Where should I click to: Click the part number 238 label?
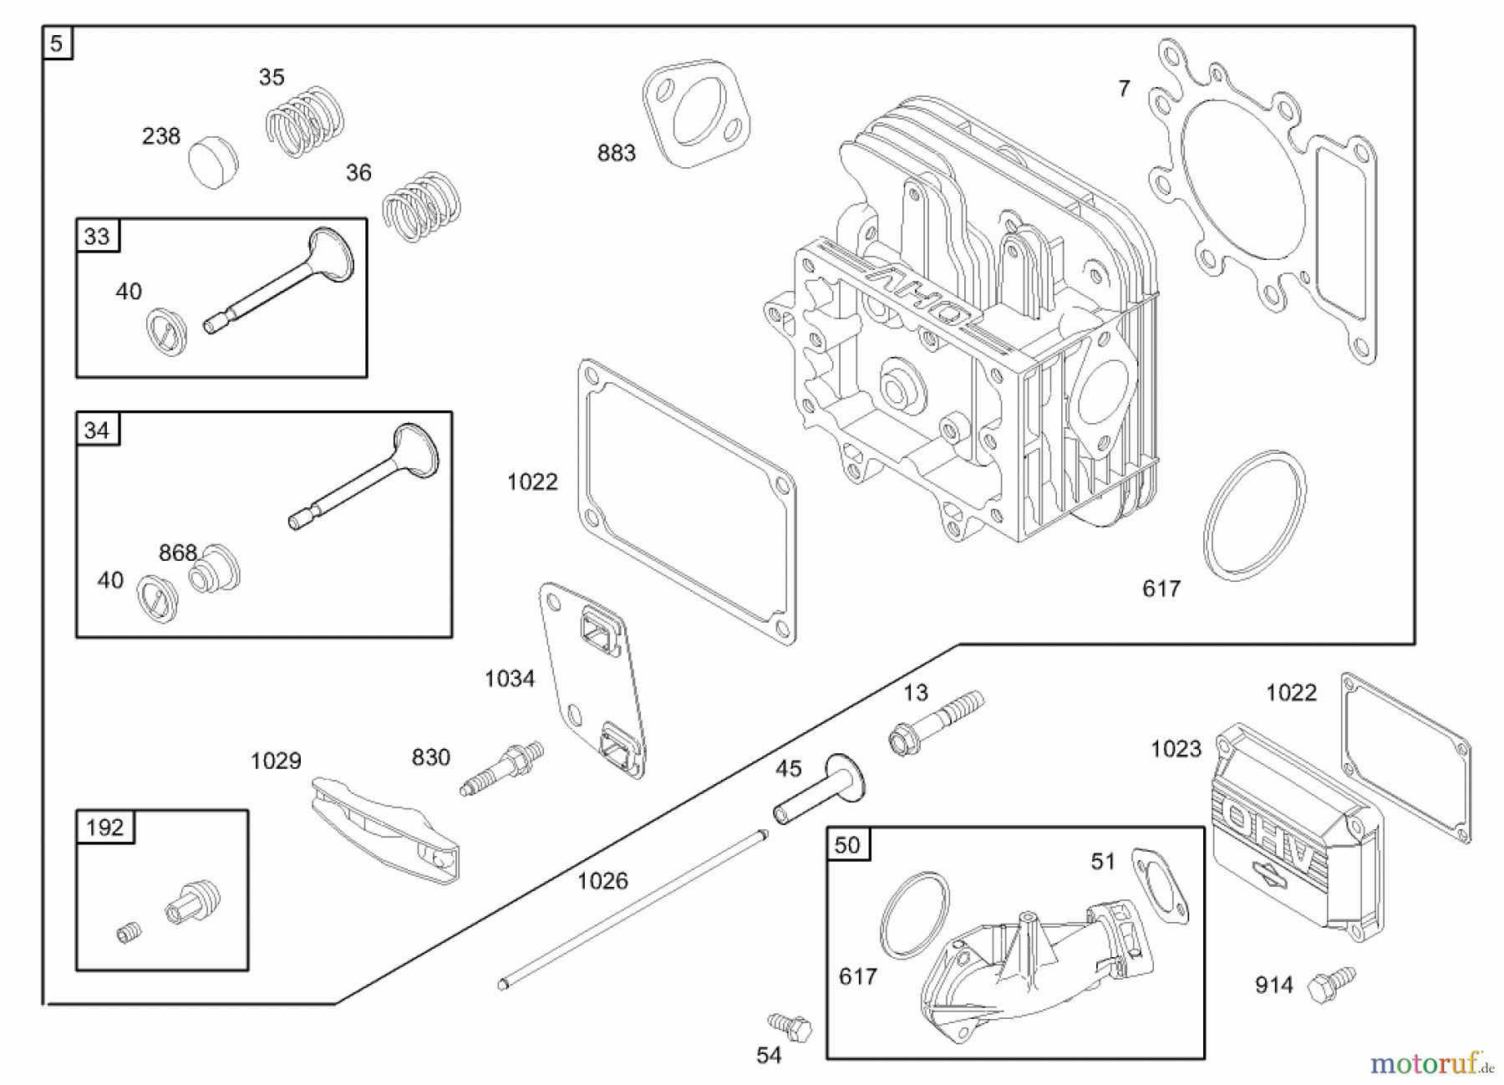[161, 136]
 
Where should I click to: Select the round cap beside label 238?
[213, 164]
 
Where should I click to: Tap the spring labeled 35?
[305, 122]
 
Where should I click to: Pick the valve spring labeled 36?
[422, 206]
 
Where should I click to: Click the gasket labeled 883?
[695, 113]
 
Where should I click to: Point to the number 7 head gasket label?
[1124, 88]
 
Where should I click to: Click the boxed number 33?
[98, 237]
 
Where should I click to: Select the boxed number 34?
[97, 430]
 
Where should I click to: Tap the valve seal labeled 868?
[214, 571]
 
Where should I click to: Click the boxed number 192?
[105, 828]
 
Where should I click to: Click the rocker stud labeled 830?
[502, 767]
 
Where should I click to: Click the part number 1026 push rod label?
[602, 880]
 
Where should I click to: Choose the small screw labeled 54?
[790, 1025]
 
